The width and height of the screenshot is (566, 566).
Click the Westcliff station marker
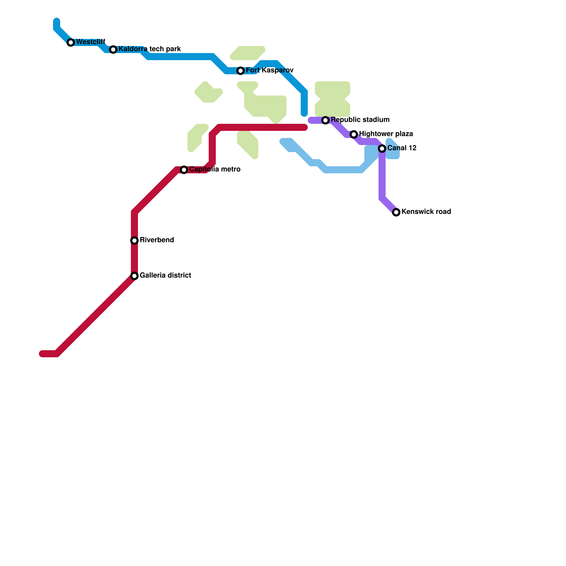click(71, 42)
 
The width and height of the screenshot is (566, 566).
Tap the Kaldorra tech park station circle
click(113, 50)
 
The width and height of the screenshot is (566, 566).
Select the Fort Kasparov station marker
click(241, 71)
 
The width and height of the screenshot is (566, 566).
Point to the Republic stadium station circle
click(325, 120)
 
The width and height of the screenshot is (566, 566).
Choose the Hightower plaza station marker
click(354, 134)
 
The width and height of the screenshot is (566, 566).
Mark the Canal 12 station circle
click(382, 149)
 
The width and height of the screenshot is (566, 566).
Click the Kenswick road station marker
click(396, 212)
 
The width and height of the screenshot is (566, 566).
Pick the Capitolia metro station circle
click(184, 170)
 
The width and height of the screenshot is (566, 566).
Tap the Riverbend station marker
click(134, 241)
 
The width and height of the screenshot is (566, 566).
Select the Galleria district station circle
click(134, 276)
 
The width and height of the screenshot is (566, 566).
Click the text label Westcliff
click(91, 42)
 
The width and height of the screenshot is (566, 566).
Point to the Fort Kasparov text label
click(270, 70)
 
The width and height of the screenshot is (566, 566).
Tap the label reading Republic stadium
click(360, 120)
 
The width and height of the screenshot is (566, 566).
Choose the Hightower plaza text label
click(386, 134)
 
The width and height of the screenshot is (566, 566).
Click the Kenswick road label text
click(426, 212)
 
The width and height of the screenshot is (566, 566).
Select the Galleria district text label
click(165, 276)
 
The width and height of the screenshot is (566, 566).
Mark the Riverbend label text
click(157, 240)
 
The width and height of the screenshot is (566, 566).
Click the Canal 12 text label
click(402, 148)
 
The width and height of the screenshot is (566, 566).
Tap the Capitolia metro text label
click(215, 169)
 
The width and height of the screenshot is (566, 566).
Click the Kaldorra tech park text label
click(150, 49)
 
